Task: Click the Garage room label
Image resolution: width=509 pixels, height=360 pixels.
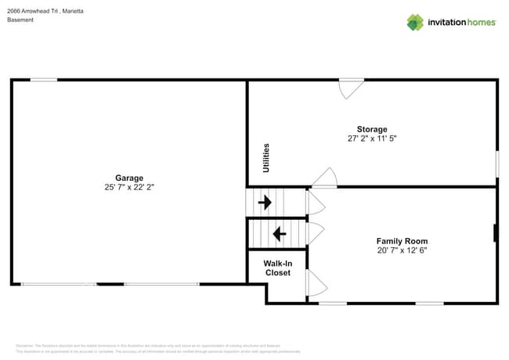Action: [129, 178]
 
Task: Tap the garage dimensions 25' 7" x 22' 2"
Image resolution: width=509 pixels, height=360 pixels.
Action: [129, 188]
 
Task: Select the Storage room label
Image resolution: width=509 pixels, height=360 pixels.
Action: [372, 129]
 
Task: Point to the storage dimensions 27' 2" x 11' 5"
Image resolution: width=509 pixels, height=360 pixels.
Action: [372, 139]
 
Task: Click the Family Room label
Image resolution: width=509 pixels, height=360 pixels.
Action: [402, 241]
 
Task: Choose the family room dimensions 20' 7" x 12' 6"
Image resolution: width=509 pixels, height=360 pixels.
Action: [402, 251]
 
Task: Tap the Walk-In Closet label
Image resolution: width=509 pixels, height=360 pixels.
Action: [277, 268]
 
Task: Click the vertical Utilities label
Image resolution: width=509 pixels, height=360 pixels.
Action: [266, 158]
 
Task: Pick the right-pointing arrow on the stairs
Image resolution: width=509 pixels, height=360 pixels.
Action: [265, 203]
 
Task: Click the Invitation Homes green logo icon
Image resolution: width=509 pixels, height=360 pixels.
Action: [415, 22]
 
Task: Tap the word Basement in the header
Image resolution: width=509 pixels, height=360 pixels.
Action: [20, 20]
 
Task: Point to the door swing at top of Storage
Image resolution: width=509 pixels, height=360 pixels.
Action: [350, 88]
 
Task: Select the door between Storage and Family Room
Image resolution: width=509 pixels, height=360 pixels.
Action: [325, 178]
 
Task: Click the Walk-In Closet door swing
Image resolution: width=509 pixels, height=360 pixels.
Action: [315, 283]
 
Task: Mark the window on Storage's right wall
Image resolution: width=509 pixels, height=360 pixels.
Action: [496, 164]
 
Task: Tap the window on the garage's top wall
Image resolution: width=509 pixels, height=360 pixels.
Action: [44, 80]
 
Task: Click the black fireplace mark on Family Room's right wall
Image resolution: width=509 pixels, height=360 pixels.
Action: [496, 232]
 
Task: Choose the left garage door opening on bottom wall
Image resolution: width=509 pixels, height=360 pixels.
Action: [59, 283]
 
